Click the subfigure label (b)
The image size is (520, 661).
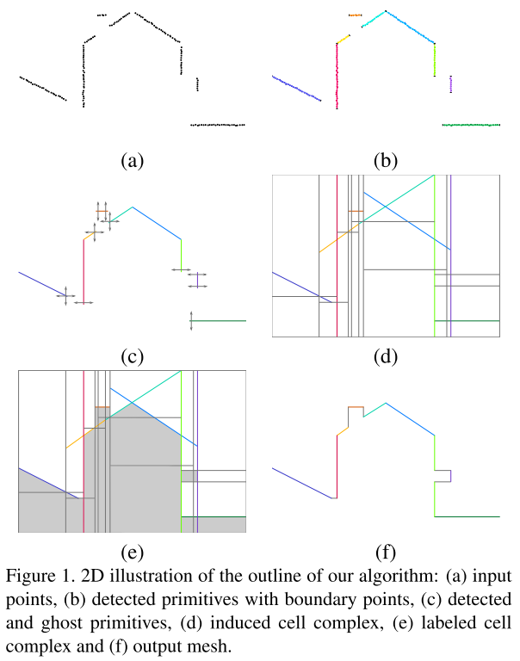(x=385, y=160)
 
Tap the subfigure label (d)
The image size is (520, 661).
(x=385, y=355)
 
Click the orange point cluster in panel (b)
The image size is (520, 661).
(x=356, y=15)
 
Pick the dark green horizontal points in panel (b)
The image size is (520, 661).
(x=471, y=125)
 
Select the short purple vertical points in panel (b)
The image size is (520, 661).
(x=451, y=83)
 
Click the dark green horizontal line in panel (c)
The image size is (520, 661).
(x=220, y=320)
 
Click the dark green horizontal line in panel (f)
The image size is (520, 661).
(x=467, y=516)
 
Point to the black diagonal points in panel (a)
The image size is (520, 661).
(x=43, y=89)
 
